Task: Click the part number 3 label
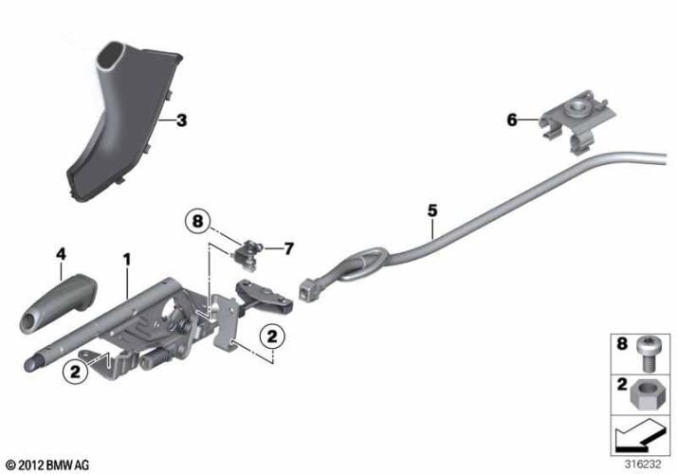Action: click(182, 120)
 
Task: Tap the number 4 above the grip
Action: click(62, 254)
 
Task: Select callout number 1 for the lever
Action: click(126, 260)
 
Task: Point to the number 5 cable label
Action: click(432, 210)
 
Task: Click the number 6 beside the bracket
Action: click(512, 120)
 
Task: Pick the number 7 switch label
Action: click(288, 248)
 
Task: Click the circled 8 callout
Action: click(198, 222)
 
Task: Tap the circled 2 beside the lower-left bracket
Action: click(76, 372)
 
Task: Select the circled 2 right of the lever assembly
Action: click(272, 336)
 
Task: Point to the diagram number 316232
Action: click(643, 465)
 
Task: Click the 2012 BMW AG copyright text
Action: click(48, 465)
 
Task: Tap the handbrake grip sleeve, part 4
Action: click(58, 303)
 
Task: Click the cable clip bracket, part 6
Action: click(576, 118)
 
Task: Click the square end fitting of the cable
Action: click(305, 290)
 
